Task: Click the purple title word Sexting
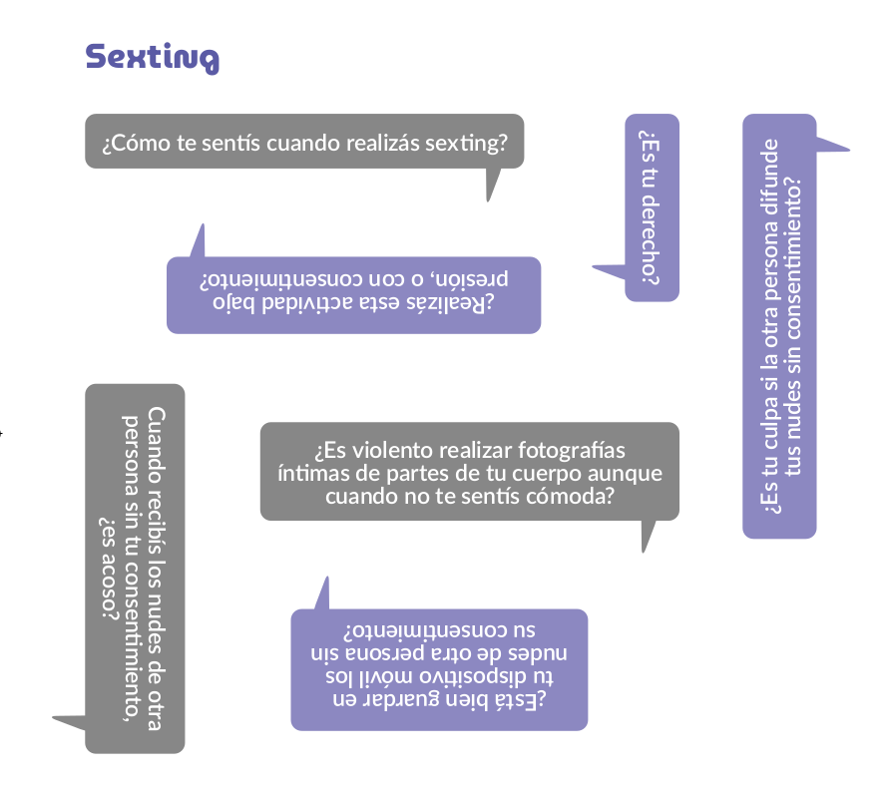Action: click(x=152, y=57)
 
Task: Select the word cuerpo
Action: click(x=530, y=472)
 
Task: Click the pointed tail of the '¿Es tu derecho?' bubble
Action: click(x=604, y=268)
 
